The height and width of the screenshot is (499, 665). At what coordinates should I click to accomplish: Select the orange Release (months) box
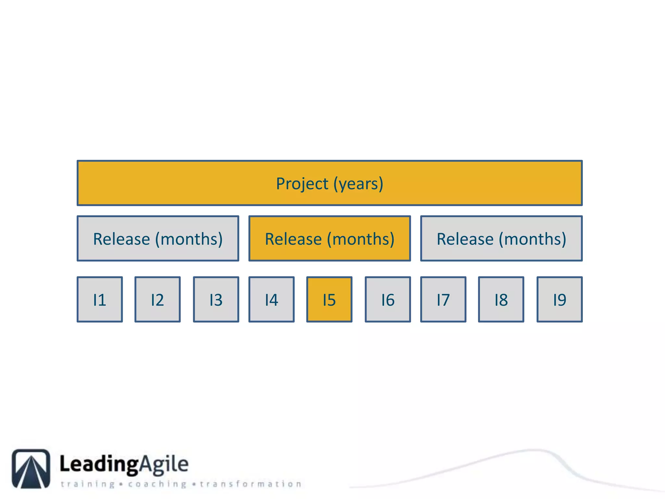pyautogui.click(x=330, y=238)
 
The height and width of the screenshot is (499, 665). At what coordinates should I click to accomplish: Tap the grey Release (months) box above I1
pyautogui.click(x=158, y=238)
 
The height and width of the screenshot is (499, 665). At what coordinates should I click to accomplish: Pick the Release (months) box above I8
pyautogui.click(x=501, y=238)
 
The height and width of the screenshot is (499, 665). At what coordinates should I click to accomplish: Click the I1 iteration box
pyautogui.click(x=100, y=300)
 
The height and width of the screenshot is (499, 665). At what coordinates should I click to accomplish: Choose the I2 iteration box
pyautogui.click(x=157, y=300)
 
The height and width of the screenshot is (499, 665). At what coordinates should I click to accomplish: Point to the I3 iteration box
pyautogui.click(x=216, y=300)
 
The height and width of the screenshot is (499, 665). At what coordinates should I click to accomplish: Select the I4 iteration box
pyautogui.click(x=271, y=300)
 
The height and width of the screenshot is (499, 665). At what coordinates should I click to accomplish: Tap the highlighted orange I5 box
pyautogui.click(x=329, y=300)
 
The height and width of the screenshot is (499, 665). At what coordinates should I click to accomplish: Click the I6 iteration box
pyautogui.click(x=388, y=300)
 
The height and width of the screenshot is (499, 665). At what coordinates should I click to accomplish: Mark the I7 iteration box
pyautogui.click(x=443, y=300)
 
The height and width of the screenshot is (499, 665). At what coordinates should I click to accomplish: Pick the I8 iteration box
pyautogui.click(x=501, y=300)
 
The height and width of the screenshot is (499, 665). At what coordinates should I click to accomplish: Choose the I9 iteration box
pyautogui.click(x=559, y=300)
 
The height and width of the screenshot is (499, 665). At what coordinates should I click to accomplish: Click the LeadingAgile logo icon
pyautogui.click(x=31, y=468)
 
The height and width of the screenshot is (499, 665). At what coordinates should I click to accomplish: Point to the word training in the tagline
pyautogui.click(x=88, y=484)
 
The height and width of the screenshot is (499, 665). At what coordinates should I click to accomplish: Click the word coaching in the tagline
pyautogui.click(x=157, y=484)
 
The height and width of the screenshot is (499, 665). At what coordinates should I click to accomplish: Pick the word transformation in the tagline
pyautogui.click(x=250, y=484)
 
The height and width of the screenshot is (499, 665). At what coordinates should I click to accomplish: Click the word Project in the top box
pyautogui.click(x=302, y=184)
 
